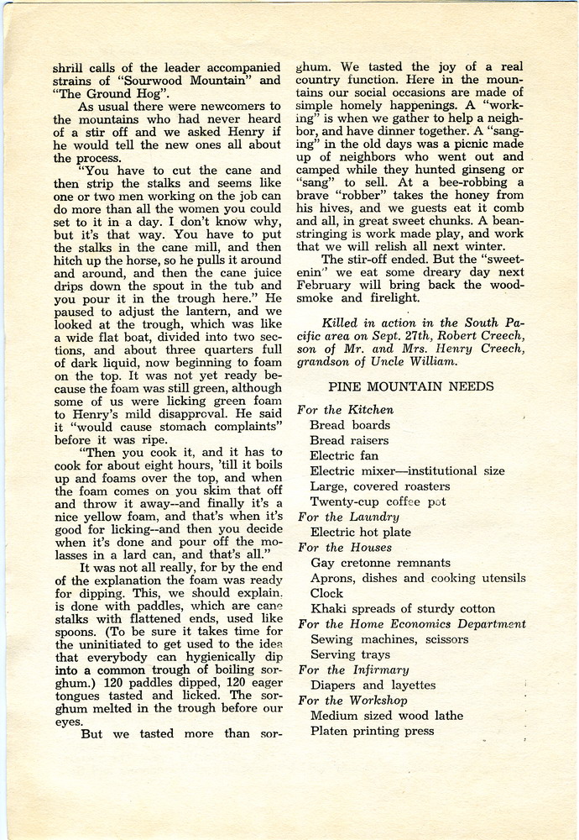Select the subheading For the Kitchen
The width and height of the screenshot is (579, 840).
pos(345,410)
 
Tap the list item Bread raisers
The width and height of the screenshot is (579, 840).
pos(349,440)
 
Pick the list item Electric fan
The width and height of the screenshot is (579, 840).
pos(344,455)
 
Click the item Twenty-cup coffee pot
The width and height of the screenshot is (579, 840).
pos(378,501)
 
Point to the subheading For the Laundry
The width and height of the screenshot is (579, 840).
pos(348,517)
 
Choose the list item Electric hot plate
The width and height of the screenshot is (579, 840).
pos(361,532)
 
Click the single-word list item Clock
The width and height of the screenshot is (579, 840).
pos(327,593)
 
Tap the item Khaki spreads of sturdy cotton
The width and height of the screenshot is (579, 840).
pos(402,608)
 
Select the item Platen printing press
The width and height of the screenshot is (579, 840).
pos(372,731)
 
